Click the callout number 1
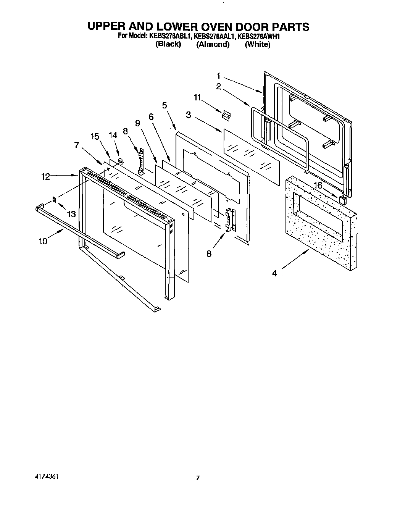219,75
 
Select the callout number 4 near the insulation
274,273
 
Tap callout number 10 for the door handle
43,241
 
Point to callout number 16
318,186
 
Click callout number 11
197,98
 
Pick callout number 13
71,214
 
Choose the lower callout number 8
209,253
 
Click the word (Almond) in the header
213,44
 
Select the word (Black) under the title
168,44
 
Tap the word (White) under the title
258,44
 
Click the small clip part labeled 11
227,115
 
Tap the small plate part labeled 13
54,200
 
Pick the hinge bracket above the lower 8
231,220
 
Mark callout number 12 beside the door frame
46,177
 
